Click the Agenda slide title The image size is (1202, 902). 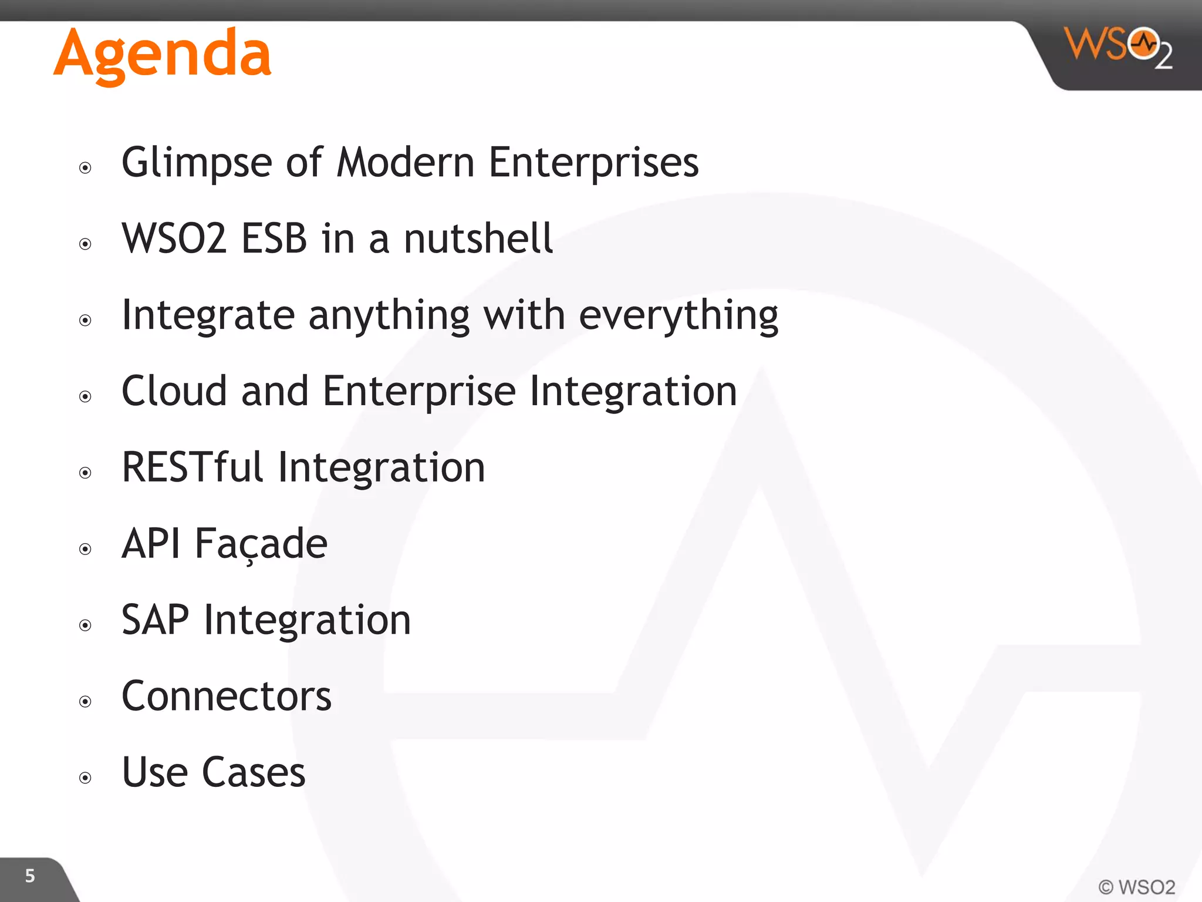[163, 54]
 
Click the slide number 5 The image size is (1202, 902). [30, 876]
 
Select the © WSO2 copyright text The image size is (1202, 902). [1136, 887]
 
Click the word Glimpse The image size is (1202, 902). [197, 163]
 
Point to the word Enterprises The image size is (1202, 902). [593, 162]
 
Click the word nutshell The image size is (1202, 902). [478, 238]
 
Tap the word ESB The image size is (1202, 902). [274, 238]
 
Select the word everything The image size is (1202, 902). [678, 316]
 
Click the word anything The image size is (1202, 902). [389, 316]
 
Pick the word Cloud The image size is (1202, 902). [174, 391]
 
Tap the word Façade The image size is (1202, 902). [261, 544]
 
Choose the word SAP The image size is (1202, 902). [156, 620]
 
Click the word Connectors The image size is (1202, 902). [227, 696]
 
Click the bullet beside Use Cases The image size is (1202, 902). [86, 778]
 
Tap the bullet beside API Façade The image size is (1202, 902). [86, 549]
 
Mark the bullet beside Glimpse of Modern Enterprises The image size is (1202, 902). [86, 168]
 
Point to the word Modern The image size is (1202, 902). [406, 162]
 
